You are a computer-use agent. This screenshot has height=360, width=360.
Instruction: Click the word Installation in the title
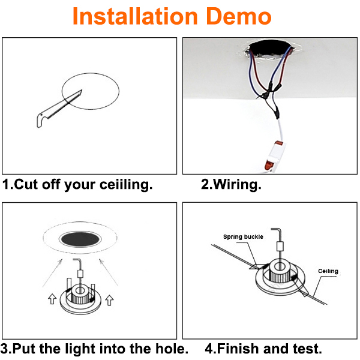[x=135, y=16]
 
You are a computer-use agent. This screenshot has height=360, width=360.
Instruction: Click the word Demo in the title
[x=239, y=16]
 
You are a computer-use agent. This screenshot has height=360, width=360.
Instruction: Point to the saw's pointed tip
[x=82, y=90]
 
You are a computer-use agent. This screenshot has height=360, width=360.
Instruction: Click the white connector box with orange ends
[x=275, y=155]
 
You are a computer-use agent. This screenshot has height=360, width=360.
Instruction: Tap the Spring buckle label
[x=243, y=237]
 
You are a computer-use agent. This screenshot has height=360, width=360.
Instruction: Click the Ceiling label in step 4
[x=328, y=271]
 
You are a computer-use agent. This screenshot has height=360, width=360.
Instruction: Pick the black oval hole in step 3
[x=80, y=239]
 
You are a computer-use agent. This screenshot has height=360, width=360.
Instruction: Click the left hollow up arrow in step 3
[x=52, y=299]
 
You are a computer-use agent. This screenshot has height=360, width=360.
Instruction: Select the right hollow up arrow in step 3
[x=109, y=300]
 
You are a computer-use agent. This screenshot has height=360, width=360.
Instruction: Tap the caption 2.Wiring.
[x=231, y=185]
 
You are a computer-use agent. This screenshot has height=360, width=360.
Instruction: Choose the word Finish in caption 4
[x=238, y=349]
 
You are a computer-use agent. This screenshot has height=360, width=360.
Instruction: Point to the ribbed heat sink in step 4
[x=280, y=274]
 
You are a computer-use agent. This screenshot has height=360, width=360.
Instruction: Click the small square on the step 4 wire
[x=280, y=247]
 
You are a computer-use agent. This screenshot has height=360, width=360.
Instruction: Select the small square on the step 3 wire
[x=80, y=274]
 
